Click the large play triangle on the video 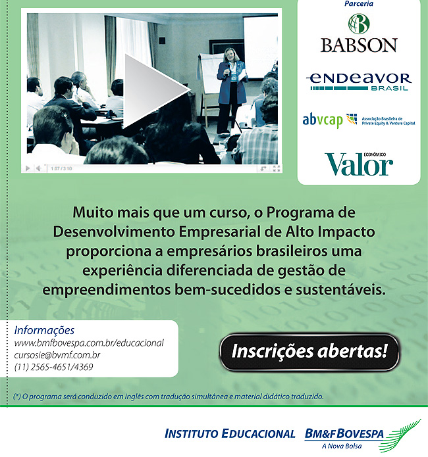152,91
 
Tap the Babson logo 359,34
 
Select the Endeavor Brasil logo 359,82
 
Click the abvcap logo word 322,120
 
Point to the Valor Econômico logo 359,164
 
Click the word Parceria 359,4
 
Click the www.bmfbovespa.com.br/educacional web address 89,343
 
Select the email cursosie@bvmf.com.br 57,355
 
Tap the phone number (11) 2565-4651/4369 54,367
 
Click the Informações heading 44,331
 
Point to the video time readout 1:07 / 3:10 61,168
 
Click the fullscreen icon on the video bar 276,168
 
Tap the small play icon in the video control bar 28,168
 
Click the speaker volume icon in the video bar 39,168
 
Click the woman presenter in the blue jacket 230,92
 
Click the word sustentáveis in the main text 340,290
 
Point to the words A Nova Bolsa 342,446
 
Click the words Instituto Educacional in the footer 230,434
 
